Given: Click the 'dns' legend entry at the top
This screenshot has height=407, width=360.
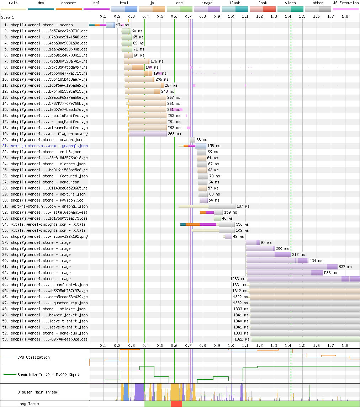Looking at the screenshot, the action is pos(41,3).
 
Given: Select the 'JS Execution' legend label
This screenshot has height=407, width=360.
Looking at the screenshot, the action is pos(346,3).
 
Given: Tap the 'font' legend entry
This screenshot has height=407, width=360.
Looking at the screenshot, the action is pos(263,3).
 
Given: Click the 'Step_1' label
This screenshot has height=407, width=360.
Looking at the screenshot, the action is pos(7,17).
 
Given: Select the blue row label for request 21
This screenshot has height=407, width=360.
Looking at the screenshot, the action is pos(45,146).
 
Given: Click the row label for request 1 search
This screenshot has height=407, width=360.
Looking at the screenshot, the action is pos(38,25).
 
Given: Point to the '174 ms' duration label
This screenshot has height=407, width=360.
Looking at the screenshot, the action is pos(122,25).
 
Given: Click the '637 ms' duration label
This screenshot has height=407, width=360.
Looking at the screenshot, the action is pos(345,267).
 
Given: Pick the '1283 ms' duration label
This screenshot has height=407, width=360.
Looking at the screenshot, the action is pos(238,279).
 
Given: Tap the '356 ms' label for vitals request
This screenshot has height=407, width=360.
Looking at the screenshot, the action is pos(242,224).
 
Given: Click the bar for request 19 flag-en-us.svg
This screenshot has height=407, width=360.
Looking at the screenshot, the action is pos(148,134).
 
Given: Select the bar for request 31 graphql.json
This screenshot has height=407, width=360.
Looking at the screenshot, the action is pos(207,207).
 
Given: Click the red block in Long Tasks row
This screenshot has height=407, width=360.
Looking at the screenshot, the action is pos(176,404).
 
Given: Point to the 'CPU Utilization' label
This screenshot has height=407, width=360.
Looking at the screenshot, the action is pos(33,357).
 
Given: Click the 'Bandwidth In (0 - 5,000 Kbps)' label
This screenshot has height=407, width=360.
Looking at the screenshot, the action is pos(48,375).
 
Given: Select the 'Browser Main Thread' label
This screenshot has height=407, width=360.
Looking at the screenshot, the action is pos(38,392).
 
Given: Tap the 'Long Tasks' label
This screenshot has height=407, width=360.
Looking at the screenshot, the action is pos(28,404).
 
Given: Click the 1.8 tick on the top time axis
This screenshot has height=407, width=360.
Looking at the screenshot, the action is pos(345,16).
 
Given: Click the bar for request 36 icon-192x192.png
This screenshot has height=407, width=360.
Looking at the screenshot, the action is pos(228,236).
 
